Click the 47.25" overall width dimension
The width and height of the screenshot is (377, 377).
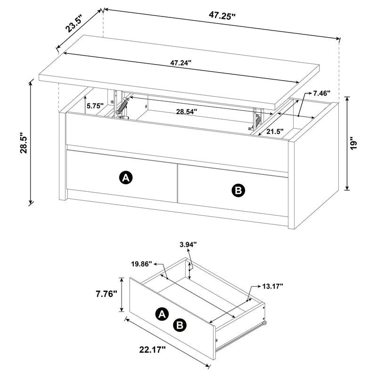(x=222, y=15)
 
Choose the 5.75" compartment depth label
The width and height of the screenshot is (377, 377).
(x=95, y=106)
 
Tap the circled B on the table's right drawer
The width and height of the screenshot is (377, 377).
(x=238, y=190)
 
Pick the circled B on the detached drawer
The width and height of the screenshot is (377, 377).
(x=180, y=324)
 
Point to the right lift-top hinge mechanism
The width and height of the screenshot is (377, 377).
(x=256, y=119)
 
